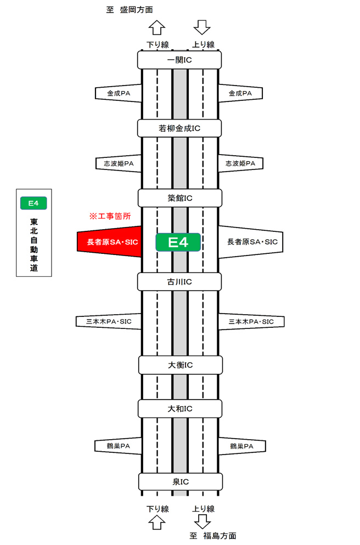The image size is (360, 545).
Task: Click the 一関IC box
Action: click(179, 59)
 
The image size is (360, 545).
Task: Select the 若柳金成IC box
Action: click(179, 128)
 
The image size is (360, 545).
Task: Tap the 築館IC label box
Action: click(179, 197)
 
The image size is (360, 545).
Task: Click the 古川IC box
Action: click(179, 282)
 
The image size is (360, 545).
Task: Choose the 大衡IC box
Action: click(179, 365)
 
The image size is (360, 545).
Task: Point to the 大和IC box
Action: click(179, 408)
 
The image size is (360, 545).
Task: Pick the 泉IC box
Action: click(179, 482)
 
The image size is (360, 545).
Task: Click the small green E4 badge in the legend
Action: click(33, 203)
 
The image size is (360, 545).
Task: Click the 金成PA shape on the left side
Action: click(119, 93)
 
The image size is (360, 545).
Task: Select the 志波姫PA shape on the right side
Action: click(240, 163)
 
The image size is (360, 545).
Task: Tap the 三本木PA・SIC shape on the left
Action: click(110, 322)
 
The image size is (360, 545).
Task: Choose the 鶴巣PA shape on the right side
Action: click(240, 446)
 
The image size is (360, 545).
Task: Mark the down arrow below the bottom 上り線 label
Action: click(203, 520)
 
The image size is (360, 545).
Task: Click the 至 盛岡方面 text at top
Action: click(128, 10)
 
